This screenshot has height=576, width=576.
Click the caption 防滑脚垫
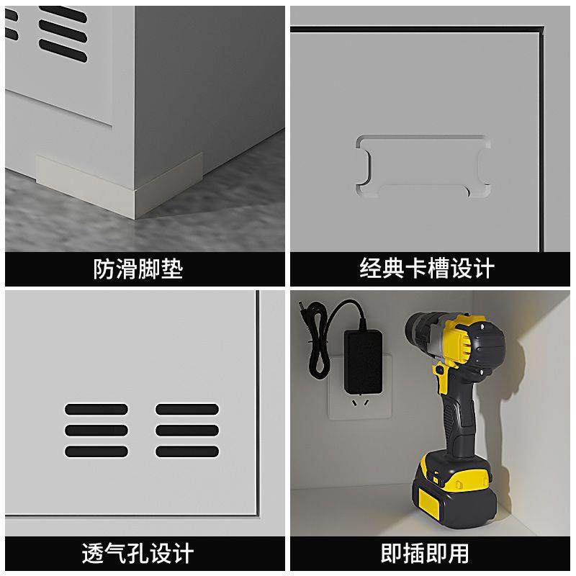(138, 269)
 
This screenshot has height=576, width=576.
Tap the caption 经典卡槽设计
(427, 269)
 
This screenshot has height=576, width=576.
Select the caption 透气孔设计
(138, 553)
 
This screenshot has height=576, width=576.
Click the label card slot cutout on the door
(423, 166)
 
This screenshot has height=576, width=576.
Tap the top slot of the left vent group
(96, 409)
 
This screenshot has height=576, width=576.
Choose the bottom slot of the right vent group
(187, 452)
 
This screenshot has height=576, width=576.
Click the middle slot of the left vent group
(96, 431)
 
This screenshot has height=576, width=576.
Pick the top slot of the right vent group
(187, 409)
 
